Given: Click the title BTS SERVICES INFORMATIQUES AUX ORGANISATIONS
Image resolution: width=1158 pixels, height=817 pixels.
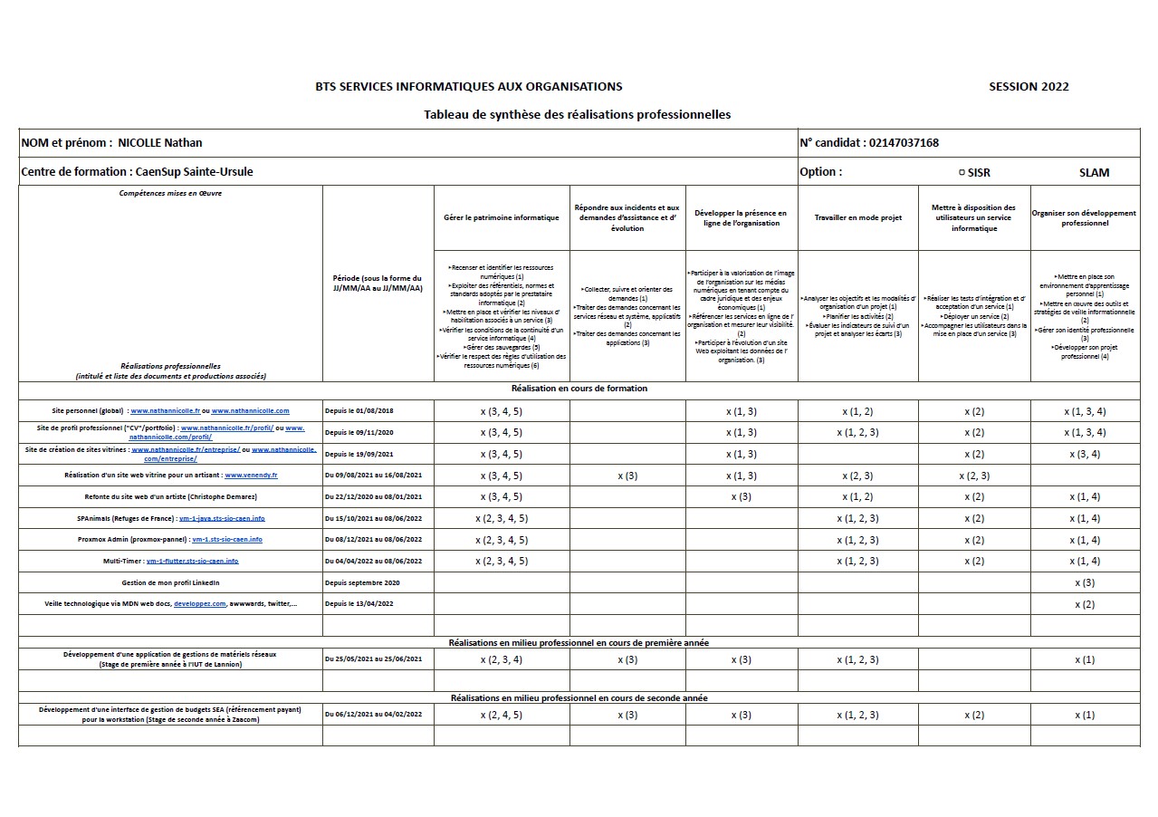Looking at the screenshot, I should (468, 87).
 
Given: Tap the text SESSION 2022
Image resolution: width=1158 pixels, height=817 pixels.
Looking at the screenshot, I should (1029, 87).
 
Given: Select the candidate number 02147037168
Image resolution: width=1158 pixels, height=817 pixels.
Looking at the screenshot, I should (903, 143).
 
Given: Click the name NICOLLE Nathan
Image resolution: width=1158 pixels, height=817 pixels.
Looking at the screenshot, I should (160, 143).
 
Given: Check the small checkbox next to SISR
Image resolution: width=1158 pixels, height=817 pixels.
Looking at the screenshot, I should (962, 172).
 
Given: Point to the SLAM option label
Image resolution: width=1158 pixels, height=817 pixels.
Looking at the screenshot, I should (1094, 172).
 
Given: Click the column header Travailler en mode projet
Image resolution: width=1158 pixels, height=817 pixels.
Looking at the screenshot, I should (857, 218).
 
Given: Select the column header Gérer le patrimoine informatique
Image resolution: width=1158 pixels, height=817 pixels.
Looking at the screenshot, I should (502, 218).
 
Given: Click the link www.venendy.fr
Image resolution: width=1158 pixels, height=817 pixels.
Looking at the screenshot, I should (251, 475).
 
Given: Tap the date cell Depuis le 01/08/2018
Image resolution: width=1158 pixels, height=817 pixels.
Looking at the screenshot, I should (359, 411).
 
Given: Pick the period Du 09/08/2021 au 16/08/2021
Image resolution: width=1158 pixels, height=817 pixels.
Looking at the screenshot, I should (373, 475).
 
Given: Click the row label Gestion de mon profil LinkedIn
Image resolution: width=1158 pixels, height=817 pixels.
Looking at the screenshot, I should (170, 582).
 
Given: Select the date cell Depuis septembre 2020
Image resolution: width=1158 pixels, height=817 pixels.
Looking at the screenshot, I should (362, 582).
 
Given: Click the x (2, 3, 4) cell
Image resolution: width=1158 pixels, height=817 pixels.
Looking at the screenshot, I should (502, 659).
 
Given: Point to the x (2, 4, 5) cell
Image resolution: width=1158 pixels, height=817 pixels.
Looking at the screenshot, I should (502, 715).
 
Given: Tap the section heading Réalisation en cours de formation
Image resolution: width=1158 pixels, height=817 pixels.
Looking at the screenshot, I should (579, 389).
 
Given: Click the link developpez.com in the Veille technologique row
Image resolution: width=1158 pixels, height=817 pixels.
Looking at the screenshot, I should (199, 603).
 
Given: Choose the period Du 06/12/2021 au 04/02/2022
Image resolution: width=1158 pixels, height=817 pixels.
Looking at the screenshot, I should (373, 715).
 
